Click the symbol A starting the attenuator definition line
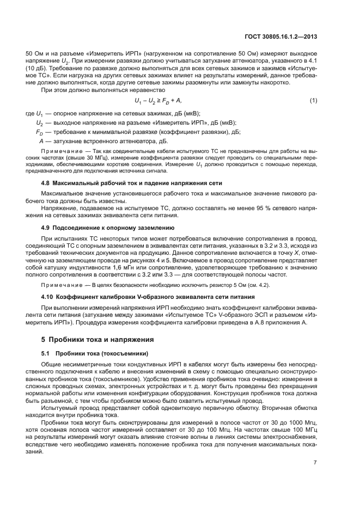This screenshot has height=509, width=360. click(38, 141)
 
